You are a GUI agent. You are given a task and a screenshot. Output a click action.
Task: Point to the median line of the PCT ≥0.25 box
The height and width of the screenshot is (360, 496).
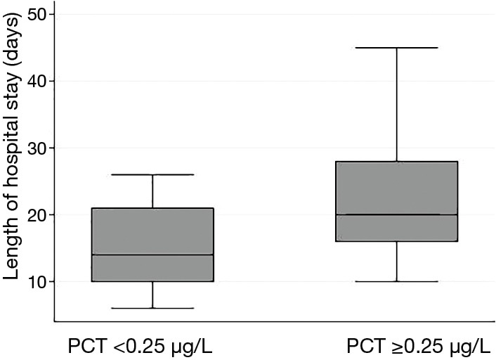tap(397, 214)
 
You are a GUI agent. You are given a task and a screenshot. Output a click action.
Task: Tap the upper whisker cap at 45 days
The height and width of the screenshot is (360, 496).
tap(397, 48)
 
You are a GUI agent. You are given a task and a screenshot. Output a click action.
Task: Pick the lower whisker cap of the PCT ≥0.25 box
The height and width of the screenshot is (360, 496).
tap(397, 281)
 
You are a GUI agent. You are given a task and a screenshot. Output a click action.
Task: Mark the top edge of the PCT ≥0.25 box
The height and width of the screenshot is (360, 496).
tap(397, 162)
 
